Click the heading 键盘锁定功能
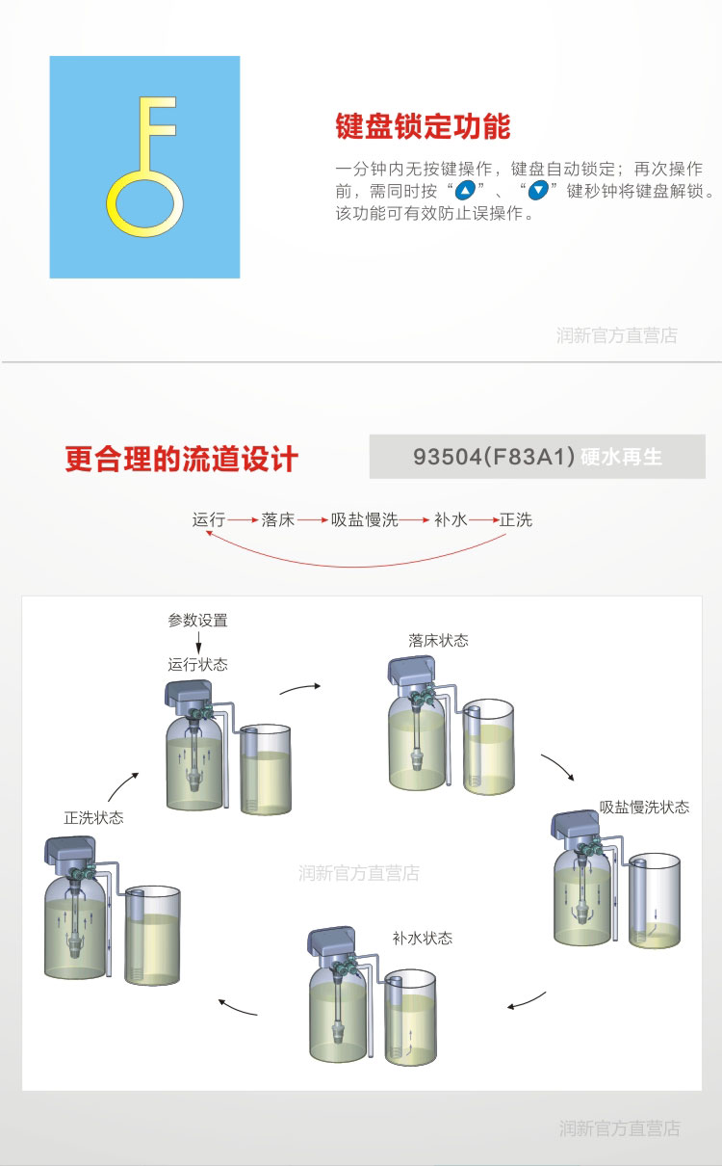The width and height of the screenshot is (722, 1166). click(423, 126)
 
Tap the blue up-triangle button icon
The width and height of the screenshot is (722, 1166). click(465, 191)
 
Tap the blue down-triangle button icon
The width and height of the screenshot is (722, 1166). click(538, 191)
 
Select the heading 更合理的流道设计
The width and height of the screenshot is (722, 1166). click(182, 459)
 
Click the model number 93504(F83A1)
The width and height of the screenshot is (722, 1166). click(494, 457)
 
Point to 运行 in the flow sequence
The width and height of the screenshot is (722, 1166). click(209, 519)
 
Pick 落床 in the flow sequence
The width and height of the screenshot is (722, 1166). click(278, 519)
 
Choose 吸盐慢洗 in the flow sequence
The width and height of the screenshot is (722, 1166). click(365, 519)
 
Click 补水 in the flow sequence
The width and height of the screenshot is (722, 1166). click(451, 519)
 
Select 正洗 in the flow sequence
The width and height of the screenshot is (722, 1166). click(516, 519)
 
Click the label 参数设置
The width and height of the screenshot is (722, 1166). click(197, 620)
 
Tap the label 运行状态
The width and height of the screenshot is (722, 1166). click(197, 664)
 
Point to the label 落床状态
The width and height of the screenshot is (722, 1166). click(439, 640)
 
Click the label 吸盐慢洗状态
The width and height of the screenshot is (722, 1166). click(644, 808)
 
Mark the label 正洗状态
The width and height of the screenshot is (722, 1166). click(93, 818)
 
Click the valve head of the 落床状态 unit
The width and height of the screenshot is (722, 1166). click(411, 674)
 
